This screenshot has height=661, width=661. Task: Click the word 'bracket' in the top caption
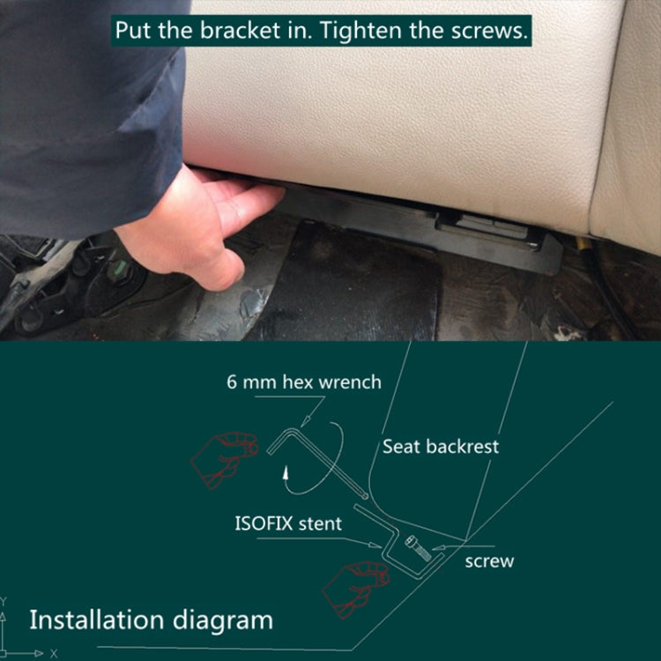(x=240, y=30)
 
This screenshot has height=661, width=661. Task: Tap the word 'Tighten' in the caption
(x=360, y=31)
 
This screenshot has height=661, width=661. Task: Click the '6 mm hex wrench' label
(x=304, y=382)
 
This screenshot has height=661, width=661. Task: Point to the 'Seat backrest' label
(x=441, y=447)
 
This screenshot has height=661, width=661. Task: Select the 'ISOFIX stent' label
(x=288, y=524)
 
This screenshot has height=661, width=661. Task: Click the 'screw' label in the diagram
(x=489, y=561)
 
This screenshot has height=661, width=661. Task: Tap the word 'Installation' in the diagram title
(x=97, y=620)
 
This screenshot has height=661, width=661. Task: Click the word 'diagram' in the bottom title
(x=223, y=621)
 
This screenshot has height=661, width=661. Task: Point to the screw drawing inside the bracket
(x=418, y=547)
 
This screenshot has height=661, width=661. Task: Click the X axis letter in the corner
(x=54, y=653)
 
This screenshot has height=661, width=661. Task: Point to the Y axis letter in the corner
(x=3, y=600)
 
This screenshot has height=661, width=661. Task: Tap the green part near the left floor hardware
(x=120, y=267)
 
